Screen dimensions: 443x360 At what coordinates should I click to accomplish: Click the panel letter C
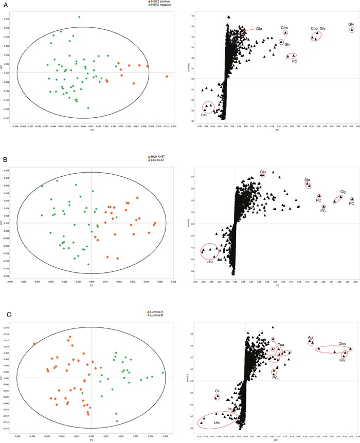pyautogui.click(x=5, y=298)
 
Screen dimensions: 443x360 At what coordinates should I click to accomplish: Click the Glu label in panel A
pyautogui.click(x=259, y=29)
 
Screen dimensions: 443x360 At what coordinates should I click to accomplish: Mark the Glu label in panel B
pyautogui.click(x=262, y=171)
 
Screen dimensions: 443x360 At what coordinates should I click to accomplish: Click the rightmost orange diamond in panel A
pyautogui.click(x=167, y=77)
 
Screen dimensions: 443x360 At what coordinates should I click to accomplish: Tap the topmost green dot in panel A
pyautogui.click(x=79, y=17)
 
